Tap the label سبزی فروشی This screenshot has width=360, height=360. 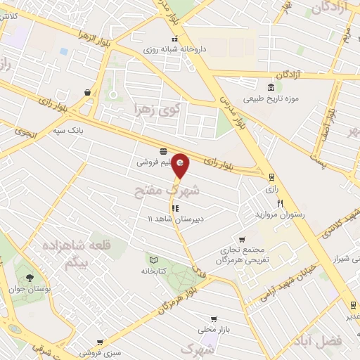(x=96, y=352)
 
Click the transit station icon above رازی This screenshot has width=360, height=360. (x=271, y=177)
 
